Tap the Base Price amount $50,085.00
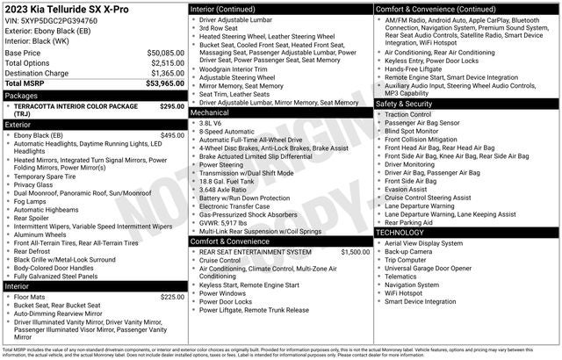coord(166,54)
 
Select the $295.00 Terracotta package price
coord(172,105)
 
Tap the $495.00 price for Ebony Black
coord(172,135)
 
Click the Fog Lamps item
coord(32,202)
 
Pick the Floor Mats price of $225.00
coord(172,297)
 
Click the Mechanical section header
coord(210,112)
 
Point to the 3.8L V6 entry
coord(211,124)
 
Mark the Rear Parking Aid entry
coord(410,222)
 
